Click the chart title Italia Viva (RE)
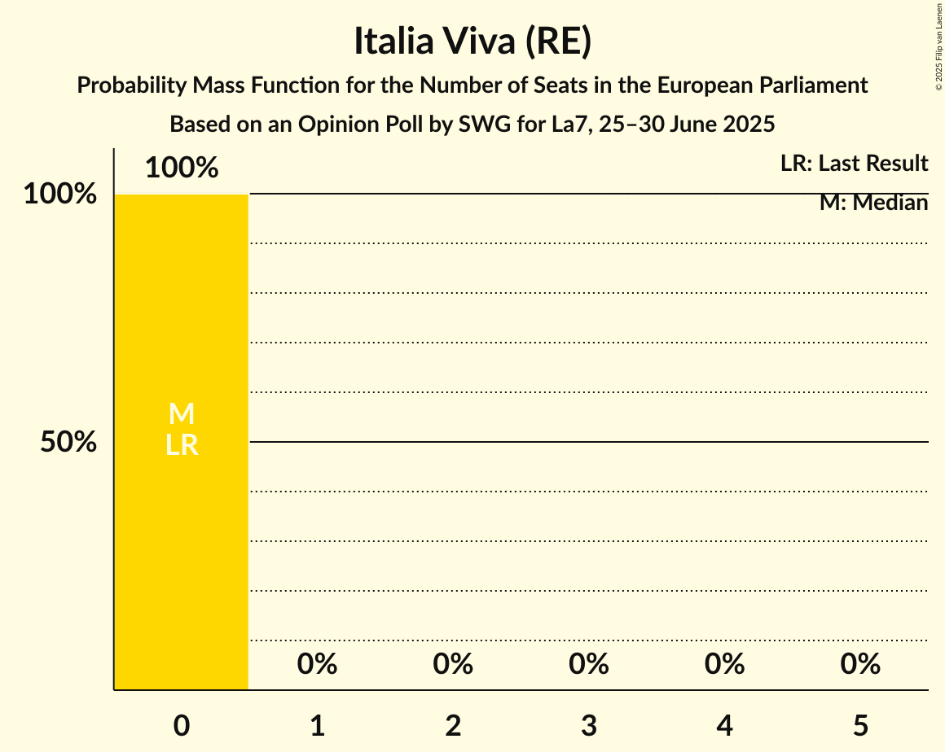pos(472,42)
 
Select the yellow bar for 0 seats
pos(181,553)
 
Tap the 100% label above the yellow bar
pos(182,168)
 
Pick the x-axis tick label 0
pos(182,725)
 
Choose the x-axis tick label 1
pos(318,725)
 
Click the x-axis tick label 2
pos(453,725)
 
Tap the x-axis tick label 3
pos(589,725)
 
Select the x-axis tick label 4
pos(725,725)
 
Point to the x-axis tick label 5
pos(861,725)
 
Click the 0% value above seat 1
pos(318,665)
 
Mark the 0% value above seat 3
pos(589,665)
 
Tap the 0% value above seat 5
pos(861,665)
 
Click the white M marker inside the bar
pos(182,414)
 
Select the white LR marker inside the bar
pos(182,445)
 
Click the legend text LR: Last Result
pos(854,164)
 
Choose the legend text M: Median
pos(873,203)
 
